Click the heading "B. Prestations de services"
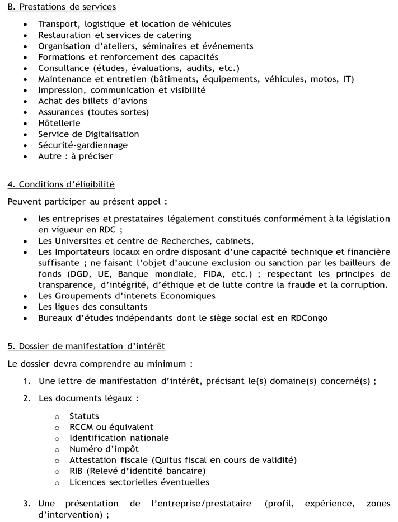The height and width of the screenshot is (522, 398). click(x=62, y=7)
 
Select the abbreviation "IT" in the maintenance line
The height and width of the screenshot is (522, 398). click(x=348, y=79)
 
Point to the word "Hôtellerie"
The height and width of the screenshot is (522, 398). click(x=59, y=123)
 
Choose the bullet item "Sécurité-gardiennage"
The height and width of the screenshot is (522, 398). click(x=83, y=145)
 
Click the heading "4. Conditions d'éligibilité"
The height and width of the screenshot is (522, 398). click(x=61, y=184)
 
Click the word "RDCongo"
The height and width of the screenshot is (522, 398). click(x=309, y=318)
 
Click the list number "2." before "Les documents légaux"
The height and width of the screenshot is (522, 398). click(x=27, y=398)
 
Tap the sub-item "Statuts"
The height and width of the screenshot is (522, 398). click(x=84, y=416)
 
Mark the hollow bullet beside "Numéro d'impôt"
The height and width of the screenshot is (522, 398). click(x=57, y=449)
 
